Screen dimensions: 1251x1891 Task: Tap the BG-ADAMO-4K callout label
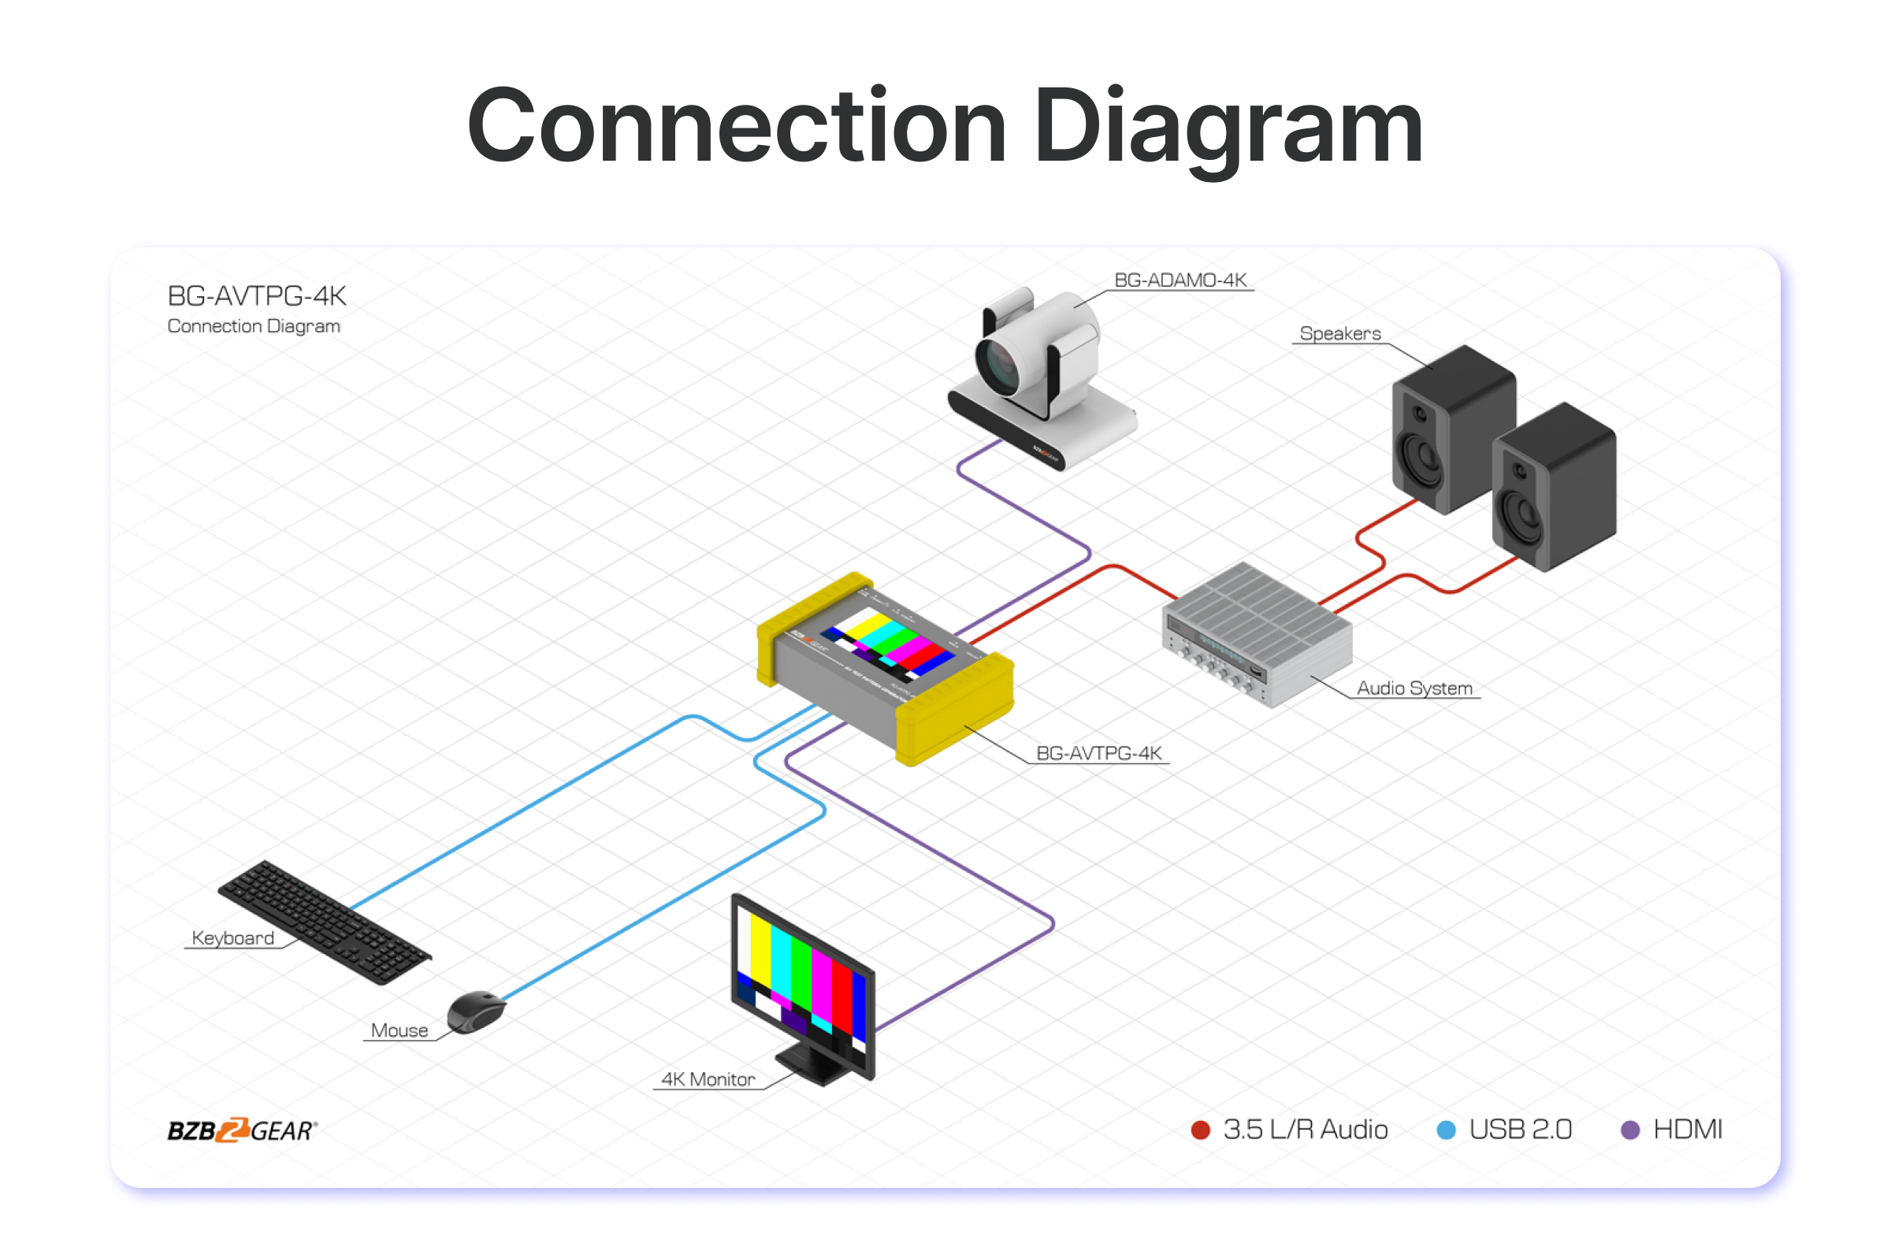[1180, 280]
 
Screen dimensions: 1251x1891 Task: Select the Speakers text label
[1339, 333]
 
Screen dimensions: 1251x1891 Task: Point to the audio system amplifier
[1258, 634]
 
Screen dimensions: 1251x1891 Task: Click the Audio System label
[1414, 688]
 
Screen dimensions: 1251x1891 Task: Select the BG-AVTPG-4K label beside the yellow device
[1098, 753]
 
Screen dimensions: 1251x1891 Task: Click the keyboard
[323, 921]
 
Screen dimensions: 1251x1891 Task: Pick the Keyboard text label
[233, 938]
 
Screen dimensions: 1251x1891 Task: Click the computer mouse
[476, 1011]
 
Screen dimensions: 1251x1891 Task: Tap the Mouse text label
[399, 1030]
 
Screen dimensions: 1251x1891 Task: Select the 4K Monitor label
[708, 1079]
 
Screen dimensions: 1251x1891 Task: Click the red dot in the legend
[1200, 1130]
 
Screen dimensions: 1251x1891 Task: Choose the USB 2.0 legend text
[1520, 1130]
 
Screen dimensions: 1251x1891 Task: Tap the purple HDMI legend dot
[1630, 1130]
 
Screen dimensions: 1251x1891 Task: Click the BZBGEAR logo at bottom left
[242, 1130]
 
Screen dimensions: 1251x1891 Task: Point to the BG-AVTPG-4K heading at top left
[256, 296]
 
